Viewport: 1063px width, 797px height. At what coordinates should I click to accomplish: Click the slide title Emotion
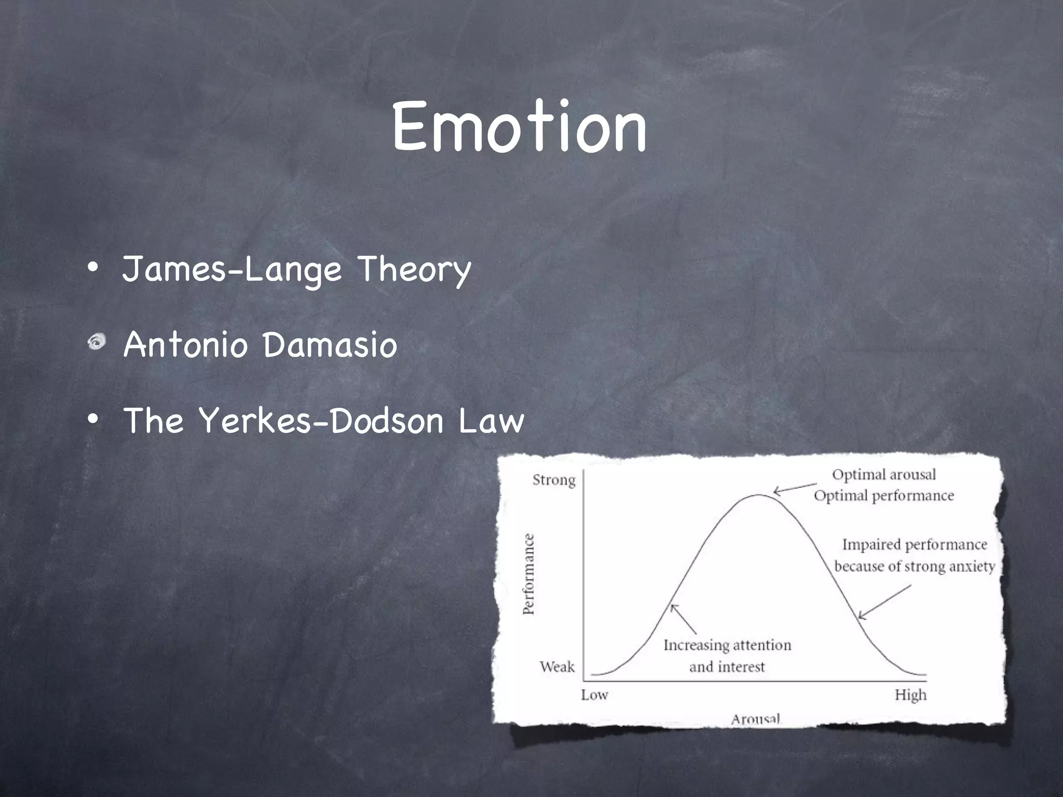[519, 127]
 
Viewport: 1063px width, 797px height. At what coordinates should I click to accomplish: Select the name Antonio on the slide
[185, 345]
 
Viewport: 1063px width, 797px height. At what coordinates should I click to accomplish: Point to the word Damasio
[330, 345]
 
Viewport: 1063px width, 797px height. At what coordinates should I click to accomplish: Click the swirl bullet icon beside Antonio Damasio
[97, 342]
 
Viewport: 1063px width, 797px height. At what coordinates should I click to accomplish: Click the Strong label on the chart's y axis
[554, 480]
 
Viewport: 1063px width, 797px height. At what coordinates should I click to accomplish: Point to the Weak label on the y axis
[557, 666]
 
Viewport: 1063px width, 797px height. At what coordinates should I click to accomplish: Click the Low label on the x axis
[594, 694]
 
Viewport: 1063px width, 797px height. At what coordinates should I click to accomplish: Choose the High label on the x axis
[910, 694]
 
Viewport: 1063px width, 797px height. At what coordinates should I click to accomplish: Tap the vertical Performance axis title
[528, 574]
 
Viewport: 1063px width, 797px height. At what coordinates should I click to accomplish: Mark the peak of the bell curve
[758, 495]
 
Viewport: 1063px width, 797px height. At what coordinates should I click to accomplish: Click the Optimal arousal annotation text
[884, 474]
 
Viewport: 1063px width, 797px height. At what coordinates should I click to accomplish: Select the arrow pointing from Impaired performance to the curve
[884, 602]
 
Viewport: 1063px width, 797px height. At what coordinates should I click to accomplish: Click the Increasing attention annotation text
[727, 645]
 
